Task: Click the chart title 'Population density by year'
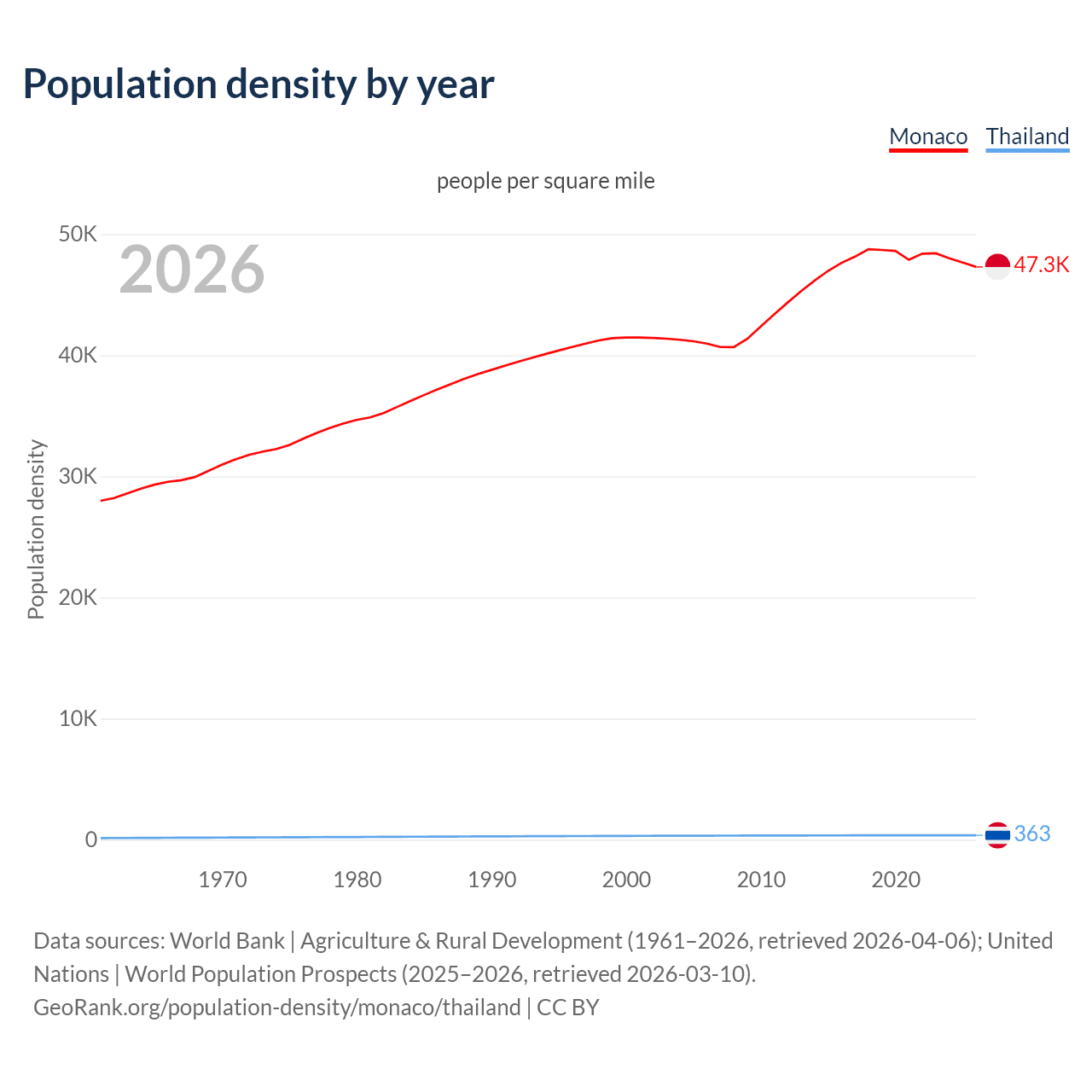[x=258, y=84]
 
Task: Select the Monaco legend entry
[x=928, y=136]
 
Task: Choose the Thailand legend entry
[x=1027, y=136]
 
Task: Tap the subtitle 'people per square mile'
[x=546, y=181]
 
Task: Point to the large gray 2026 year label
[x=192, y=270]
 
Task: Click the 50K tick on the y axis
[x=78, y=234]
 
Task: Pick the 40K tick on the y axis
[x=78, y=355]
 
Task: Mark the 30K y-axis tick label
[x=78, y=476]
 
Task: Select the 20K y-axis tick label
[x=78, y=597]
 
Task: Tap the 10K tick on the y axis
[x=78, y=718]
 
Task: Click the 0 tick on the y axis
[x=90, y=839]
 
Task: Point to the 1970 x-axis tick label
[x=223, y=880]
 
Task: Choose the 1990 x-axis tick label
[x=492, y=880]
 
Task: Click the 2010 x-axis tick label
[x=761, y=880]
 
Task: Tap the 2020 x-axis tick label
[x=896, y=880]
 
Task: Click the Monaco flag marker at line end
[x=997, y=266]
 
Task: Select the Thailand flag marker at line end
[x=997, y=835]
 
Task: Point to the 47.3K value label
[x=1041, y=264]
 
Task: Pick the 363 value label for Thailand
[x=1032, y=834]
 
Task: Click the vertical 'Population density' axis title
[x=36, y=529]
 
